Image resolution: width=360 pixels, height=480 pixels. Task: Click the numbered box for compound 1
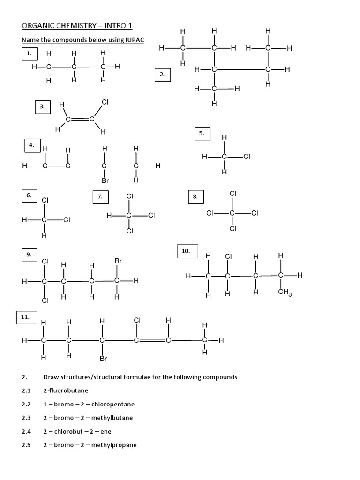coord(30,53)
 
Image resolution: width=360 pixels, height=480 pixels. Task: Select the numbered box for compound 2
coord(163,75)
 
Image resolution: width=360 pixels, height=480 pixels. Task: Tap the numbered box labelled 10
coord(187,251)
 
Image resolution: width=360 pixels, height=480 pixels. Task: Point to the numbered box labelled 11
coord(27,317)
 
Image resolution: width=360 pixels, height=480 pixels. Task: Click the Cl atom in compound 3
coord(105,102)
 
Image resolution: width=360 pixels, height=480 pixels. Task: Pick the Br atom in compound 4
coord(105,180)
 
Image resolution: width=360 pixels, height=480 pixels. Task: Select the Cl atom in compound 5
coord(247,157)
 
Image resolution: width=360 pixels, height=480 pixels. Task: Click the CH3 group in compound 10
coord(285,292)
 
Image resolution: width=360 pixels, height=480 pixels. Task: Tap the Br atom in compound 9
coord(118,261)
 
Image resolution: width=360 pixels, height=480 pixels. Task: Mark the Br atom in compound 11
coord(104,359)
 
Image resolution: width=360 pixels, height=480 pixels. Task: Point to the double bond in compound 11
coord(152,340)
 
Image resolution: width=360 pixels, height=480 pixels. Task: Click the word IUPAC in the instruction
coord(135,40)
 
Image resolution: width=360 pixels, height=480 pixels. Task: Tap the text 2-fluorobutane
coord(66,390)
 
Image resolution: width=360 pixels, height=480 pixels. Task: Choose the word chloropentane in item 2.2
coord(113,405)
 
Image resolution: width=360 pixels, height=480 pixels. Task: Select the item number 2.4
coord(26,432)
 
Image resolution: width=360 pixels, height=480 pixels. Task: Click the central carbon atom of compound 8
coord(232,213)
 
